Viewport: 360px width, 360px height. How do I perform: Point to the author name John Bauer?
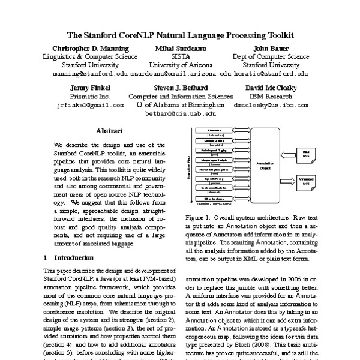click(x=269, y=48)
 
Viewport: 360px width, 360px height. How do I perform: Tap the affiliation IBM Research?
click(x=269, y=96)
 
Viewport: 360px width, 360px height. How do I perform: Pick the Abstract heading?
click(x=109, y=131)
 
